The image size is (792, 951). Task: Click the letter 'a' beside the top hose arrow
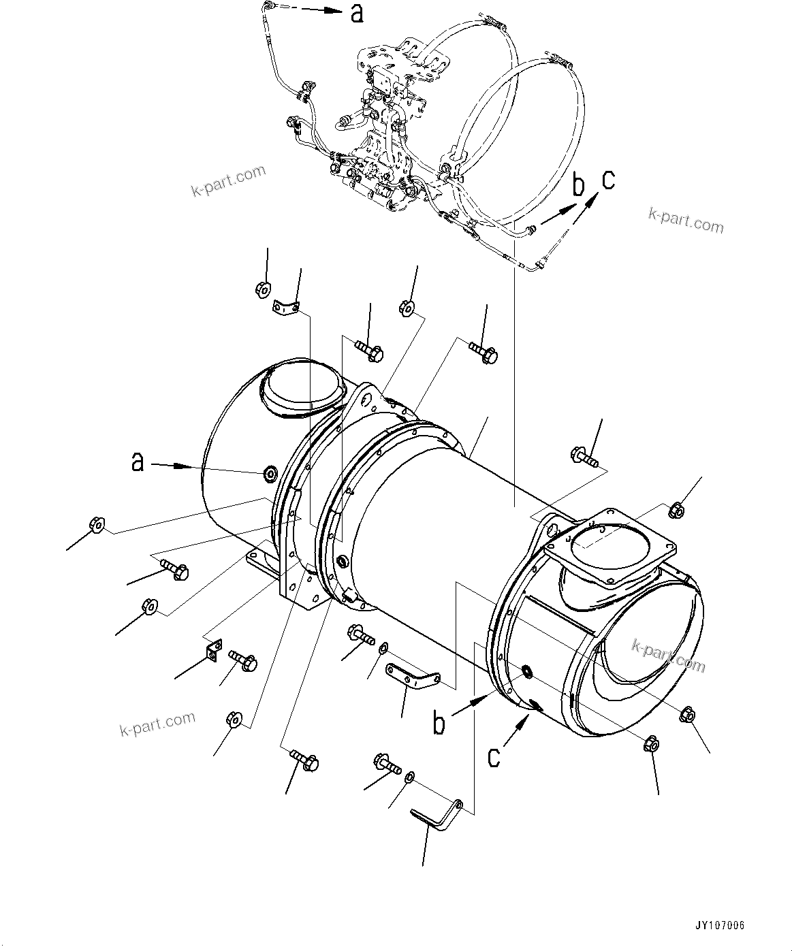pos(356,12)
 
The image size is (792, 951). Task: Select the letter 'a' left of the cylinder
pos(138,463)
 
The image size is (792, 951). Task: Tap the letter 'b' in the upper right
pos(578,185)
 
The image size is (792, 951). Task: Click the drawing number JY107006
pos(719,926)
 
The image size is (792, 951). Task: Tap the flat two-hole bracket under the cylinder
pos(413,677)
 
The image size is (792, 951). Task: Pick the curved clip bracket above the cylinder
pos(286,308)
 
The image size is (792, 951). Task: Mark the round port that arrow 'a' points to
pos(270,472)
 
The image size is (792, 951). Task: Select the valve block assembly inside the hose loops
pos(385,129)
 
